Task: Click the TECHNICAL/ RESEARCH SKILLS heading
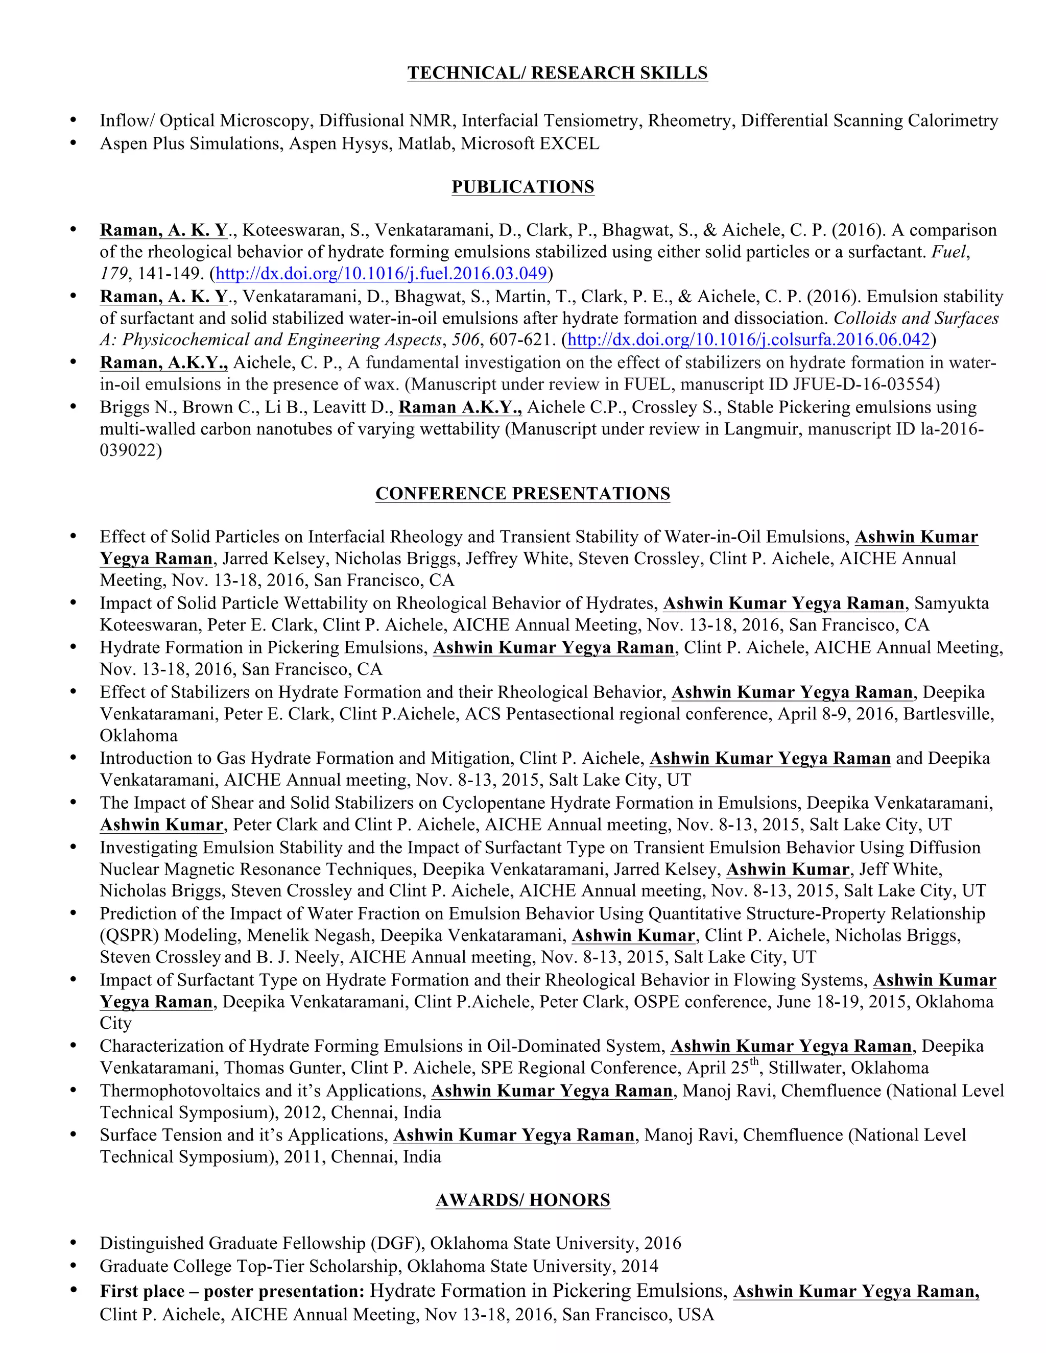coord(557,73)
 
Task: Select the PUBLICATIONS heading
coord(522,187)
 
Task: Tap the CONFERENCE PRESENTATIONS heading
coord(522,494)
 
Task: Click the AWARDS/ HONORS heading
coord(522,1200)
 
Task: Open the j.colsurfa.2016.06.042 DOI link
coord(749,340)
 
